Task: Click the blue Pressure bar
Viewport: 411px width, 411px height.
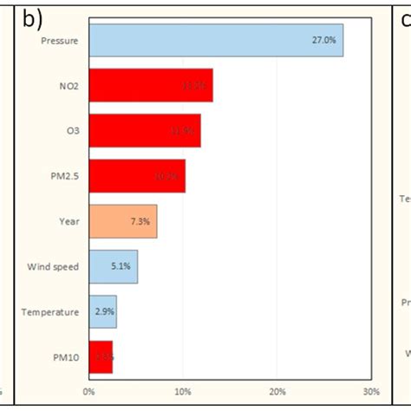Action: tap(216, 40)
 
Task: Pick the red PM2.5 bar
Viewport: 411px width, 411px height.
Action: tap(137, 176)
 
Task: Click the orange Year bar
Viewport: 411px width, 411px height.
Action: tap(122, 221)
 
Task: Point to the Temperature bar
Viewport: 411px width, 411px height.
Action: tap(102, 311)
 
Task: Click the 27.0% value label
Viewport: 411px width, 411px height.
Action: tap(324, 40)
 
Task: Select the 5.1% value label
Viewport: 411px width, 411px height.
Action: tap(121, 267)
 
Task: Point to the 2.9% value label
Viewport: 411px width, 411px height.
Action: tap(103, 312)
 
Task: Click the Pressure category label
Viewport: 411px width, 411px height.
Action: tap(60, 40)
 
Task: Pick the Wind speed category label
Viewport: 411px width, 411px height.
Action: tap(54, 266)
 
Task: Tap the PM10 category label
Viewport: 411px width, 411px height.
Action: tap(66, 356)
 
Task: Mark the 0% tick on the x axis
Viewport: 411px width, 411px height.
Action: tap(88, 390)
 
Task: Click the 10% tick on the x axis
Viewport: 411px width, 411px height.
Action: tap(182, 390)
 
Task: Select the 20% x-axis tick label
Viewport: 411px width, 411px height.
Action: tap(277, 390)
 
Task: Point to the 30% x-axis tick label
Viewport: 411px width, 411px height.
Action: tap(370, 390)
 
